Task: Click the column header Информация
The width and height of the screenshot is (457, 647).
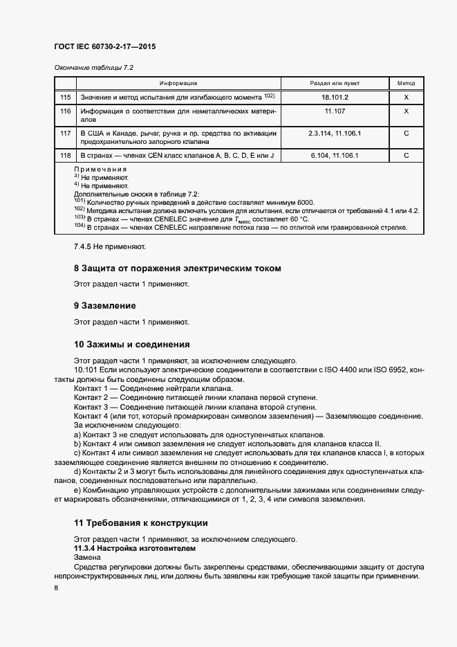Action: pyautogui.click(x=178, y=83)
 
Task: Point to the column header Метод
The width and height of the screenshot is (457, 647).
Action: pyautogui.click(x=406, y=83)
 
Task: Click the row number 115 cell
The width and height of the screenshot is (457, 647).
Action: pyautogui.click(x=66, y=98)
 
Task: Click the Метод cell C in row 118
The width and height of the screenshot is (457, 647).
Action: pyautogui.click(x=406, y=156)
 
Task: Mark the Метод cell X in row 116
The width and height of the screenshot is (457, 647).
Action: pyautogui.click(x=406, y=111)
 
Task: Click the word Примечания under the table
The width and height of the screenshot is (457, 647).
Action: pyautogui.click(x=100, y=170)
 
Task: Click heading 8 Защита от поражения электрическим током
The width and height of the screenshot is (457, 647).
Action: pyautogui.click(x=177, y=268)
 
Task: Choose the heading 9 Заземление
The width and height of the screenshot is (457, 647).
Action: pyautogui.click(x=104, y=305)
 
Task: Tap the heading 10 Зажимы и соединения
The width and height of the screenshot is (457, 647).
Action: pyautogui.click(x=131, y=344)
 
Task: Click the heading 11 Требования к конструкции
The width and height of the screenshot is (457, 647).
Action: pyautogui.click(x=140, y=523)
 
